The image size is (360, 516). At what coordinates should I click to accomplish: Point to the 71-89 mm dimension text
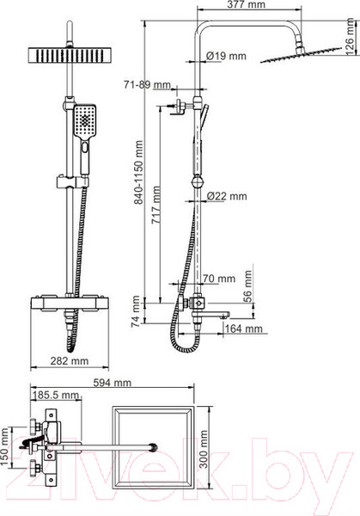pyautogui.click(x=147, y=86)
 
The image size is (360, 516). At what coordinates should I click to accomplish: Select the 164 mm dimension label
pyautogui.click(x=235, y=328)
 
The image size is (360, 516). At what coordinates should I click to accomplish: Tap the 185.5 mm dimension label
pyautogui.click(x=52, y=396)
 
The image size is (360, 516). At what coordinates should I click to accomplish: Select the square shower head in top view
pyautogui.click(x=161, y=445)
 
